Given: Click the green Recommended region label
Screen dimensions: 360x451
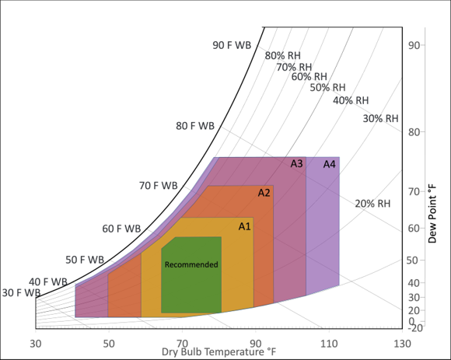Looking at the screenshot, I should pyautogui.click(x=191, y=264).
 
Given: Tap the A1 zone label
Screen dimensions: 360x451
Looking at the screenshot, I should pyautogui.click(x=245, y=226).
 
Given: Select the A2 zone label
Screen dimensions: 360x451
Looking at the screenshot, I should pyautogui.click(x=264, y=192).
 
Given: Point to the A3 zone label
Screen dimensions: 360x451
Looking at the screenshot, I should pyautogui.click(x=297, y=164).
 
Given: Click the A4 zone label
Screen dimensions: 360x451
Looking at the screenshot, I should pyautogui.click(x=330, y=164).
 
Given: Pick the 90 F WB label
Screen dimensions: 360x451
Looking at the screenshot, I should pyautogui.click(x=232, y=45).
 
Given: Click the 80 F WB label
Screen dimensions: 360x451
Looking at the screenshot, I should pyautogui.click(x=195, y=125).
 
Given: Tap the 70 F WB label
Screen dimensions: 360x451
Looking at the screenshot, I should pyautogui.click(x=159, y=186).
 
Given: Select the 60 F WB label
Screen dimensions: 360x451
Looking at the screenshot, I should pyautogui.click(x=121, y=229).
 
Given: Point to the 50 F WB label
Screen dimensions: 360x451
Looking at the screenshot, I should pyautogui.click(x=85, y=259).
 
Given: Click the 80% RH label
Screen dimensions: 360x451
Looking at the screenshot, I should pyautogui.click(x=283, y=55).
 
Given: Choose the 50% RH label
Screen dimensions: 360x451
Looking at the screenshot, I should pyautogui.click(x=328, y=88).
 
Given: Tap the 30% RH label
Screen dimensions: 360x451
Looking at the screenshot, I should pyautogui.click(x=381, y=118).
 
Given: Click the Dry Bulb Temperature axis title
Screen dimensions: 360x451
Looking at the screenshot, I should pyautogui.click(x=219, y=352).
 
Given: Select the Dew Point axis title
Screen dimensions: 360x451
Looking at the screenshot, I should pyautogui.click(x=440, y=213).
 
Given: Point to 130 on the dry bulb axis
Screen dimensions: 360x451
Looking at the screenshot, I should pyautogui.click(x=402, y=343).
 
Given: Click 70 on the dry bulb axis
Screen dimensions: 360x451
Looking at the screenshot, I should pyautogui.click(x=182, y=343).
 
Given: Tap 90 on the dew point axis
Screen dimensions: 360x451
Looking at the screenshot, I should pyautogui.click(x=414, y=45).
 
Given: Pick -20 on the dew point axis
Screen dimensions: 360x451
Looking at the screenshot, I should pyautogui.click(x=414, y=328).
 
